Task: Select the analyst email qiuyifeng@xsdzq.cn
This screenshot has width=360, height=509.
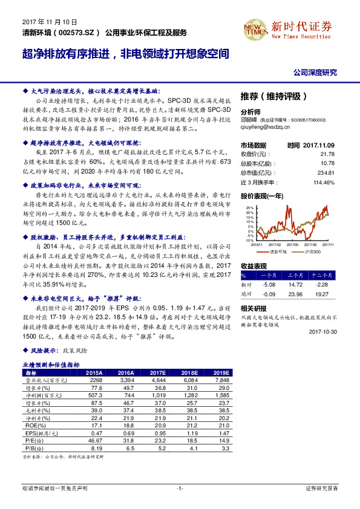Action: pos(267,128)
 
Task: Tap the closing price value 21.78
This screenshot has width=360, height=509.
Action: pos(329,153)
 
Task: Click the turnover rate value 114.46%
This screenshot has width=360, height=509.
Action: pos(325,183)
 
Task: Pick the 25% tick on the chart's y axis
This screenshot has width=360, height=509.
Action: pos(249,207)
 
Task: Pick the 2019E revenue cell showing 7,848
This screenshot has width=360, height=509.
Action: pos(222,380)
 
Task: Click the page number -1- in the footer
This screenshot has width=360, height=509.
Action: pos(180,487)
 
